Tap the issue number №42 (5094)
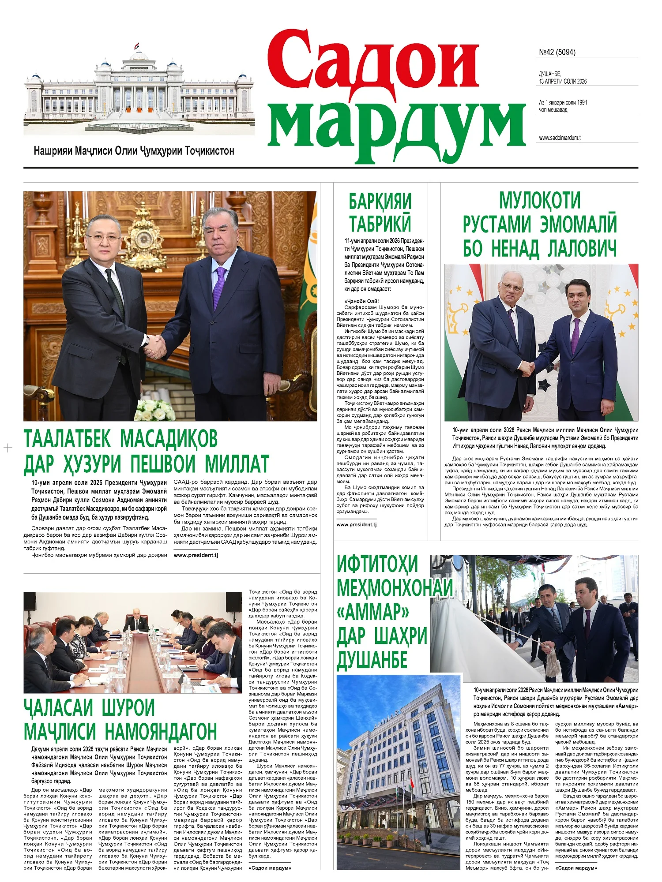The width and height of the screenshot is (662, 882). point(557,52)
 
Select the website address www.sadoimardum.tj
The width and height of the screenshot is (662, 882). point(560,138)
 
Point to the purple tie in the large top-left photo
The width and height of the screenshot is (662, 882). point(219,287)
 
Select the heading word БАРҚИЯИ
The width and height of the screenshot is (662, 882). point(380,202)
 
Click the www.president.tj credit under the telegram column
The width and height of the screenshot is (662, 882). point(356,525)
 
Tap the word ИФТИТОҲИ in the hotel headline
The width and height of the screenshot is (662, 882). point(377,564)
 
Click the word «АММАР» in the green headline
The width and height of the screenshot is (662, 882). point(373,612)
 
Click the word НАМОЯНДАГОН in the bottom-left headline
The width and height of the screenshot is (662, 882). point(161,732)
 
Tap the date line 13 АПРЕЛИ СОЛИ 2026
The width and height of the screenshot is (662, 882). point(563,82)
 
